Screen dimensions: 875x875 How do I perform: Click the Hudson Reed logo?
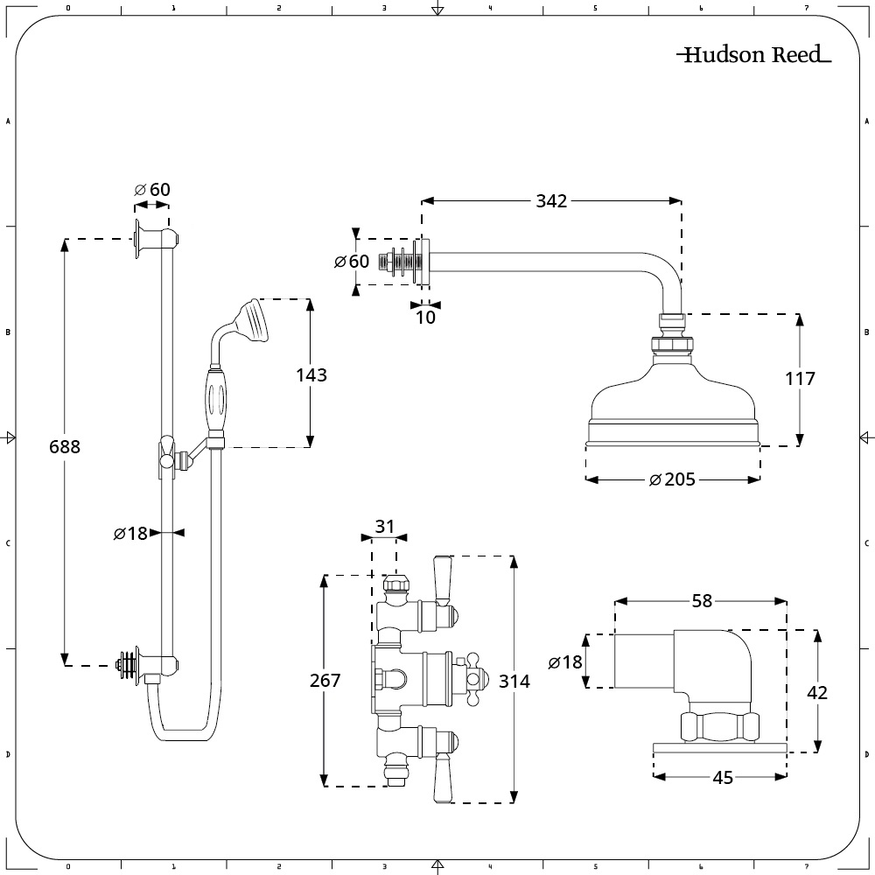tap(753, 55)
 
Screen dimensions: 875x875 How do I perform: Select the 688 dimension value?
tap(65, 446)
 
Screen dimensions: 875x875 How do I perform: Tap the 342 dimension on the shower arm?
tap(551, 201)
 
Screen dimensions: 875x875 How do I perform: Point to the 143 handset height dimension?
tap(311, 375)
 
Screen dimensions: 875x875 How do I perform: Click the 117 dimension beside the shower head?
tap(800, 379)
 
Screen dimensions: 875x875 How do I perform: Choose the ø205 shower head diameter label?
tap(672, 479)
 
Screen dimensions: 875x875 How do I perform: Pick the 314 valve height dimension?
tap(514, 682)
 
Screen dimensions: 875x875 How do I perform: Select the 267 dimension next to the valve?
tap(325, 681)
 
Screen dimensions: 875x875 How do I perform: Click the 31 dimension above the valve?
tap(385, 527)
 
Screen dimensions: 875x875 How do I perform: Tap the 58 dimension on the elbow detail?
tap(702, 601)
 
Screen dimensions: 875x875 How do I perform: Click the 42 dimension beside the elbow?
tap(817, 692)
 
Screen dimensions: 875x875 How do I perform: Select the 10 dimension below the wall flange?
tap(425, 318)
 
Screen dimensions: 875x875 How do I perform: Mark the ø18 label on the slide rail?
tap(131, 532)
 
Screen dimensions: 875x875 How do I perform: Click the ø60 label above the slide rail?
tap(152, 190)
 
